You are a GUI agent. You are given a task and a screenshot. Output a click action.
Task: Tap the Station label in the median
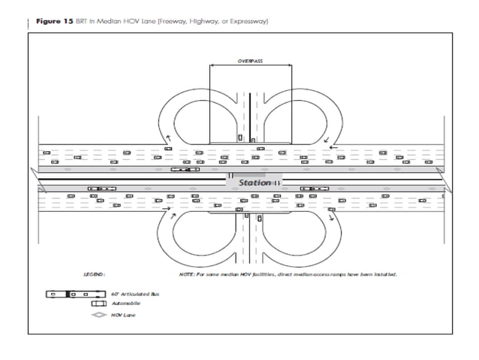point(255,183)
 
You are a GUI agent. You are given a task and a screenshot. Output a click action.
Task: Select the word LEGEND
point(95,274)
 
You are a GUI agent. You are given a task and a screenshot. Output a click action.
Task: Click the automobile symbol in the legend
point(98,304)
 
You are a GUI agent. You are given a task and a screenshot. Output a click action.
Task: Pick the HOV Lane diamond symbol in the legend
point(98,315)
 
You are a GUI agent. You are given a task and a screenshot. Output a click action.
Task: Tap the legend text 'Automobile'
point(126,304)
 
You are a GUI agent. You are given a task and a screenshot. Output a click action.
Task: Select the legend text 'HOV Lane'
point(124,315)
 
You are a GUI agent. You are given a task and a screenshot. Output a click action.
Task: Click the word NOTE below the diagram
point(187,274)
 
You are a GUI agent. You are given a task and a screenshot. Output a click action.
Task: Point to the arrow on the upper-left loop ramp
point(168,138)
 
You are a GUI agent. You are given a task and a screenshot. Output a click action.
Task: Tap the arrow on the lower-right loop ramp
point(330,216)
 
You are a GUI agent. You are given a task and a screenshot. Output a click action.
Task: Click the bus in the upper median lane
point(185,170)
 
